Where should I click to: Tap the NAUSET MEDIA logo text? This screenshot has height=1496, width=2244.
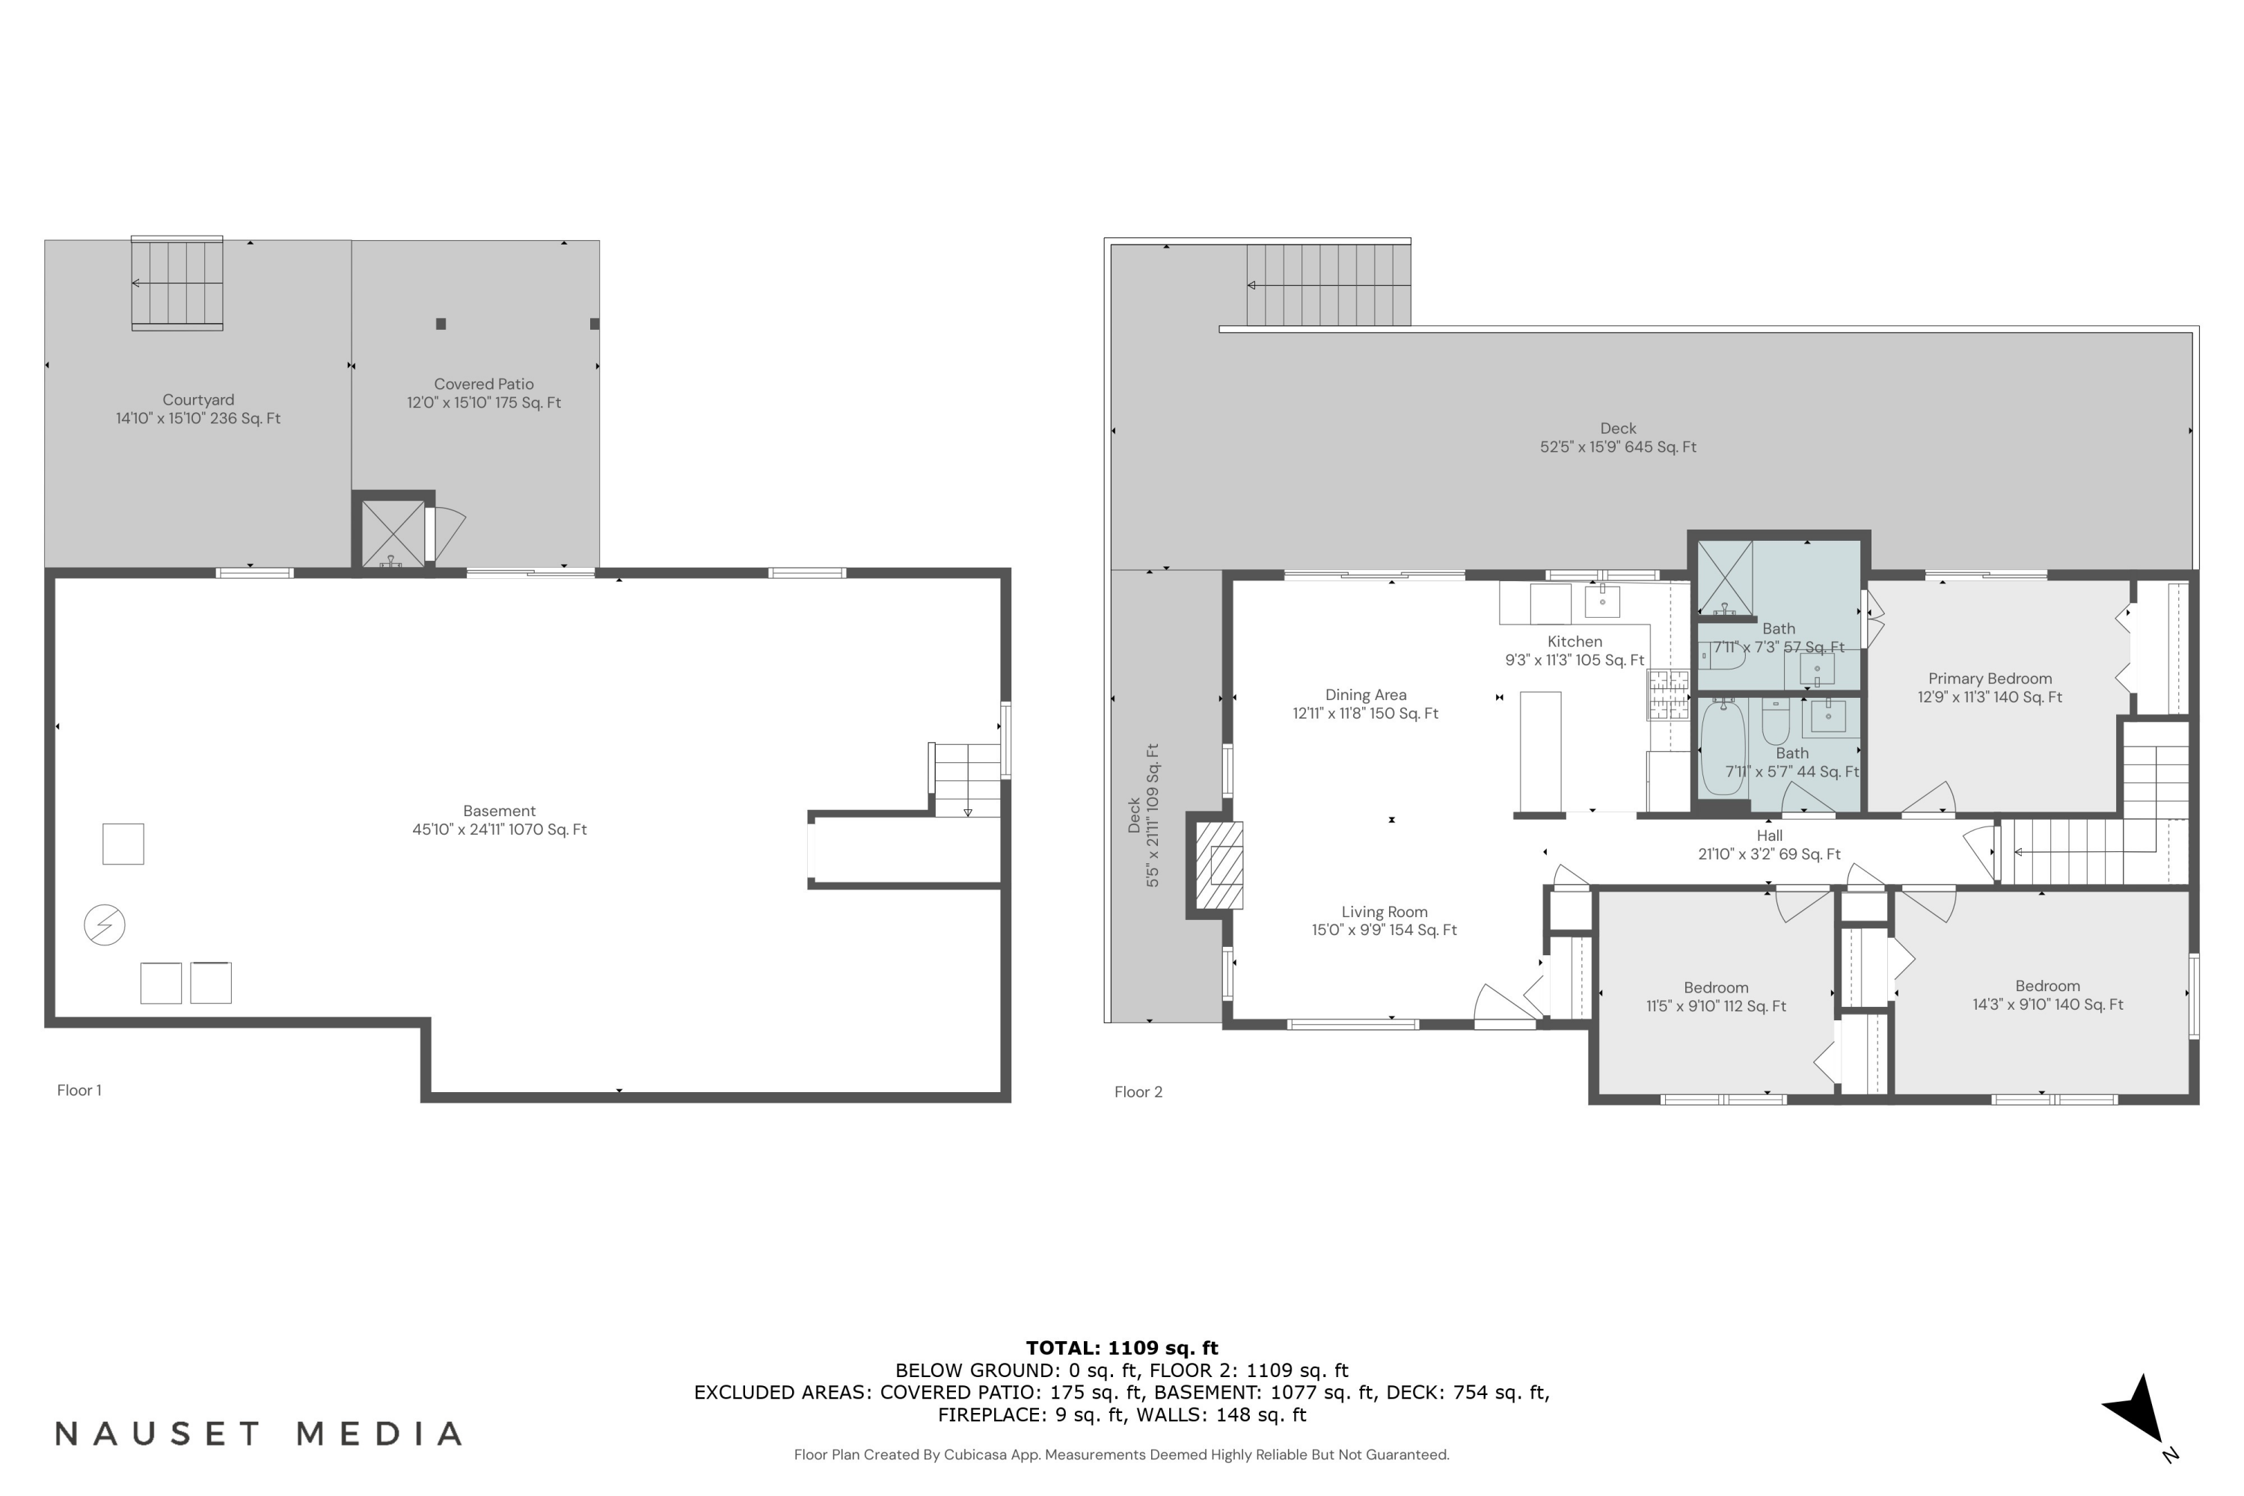259,1434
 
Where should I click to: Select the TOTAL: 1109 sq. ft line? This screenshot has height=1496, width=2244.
1121,1348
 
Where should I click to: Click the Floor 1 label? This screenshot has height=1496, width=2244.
79,1090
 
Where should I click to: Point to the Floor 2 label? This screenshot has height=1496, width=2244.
1138,1091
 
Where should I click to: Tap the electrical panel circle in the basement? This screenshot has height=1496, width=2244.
105,925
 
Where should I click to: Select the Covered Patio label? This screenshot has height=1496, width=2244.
484,384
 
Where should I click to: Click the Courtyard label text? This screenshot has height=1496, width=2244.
197,399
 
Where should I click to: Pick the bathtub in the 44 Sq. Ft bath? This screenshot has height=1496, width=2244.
1723,748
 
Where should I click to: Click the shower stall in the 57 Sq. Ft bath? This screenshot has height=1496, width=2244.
1725,578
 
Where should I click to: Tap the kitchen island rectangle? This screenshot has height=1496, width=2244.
1540,751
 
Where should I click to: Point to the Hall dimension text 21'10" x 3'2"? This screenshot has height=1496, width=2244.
1769,854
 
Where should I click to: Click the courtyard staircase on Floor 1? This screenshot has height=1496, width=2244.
177,283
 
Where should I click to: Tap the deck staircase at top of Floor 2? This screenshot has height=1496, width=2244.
1328,284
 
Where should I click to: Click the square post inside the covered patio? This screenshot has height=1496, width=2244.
441,323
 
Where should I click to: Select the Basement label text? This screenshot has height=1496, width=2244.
499,811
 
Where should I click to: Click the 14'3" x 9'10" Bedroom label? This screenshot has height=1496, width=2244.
2047,995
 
